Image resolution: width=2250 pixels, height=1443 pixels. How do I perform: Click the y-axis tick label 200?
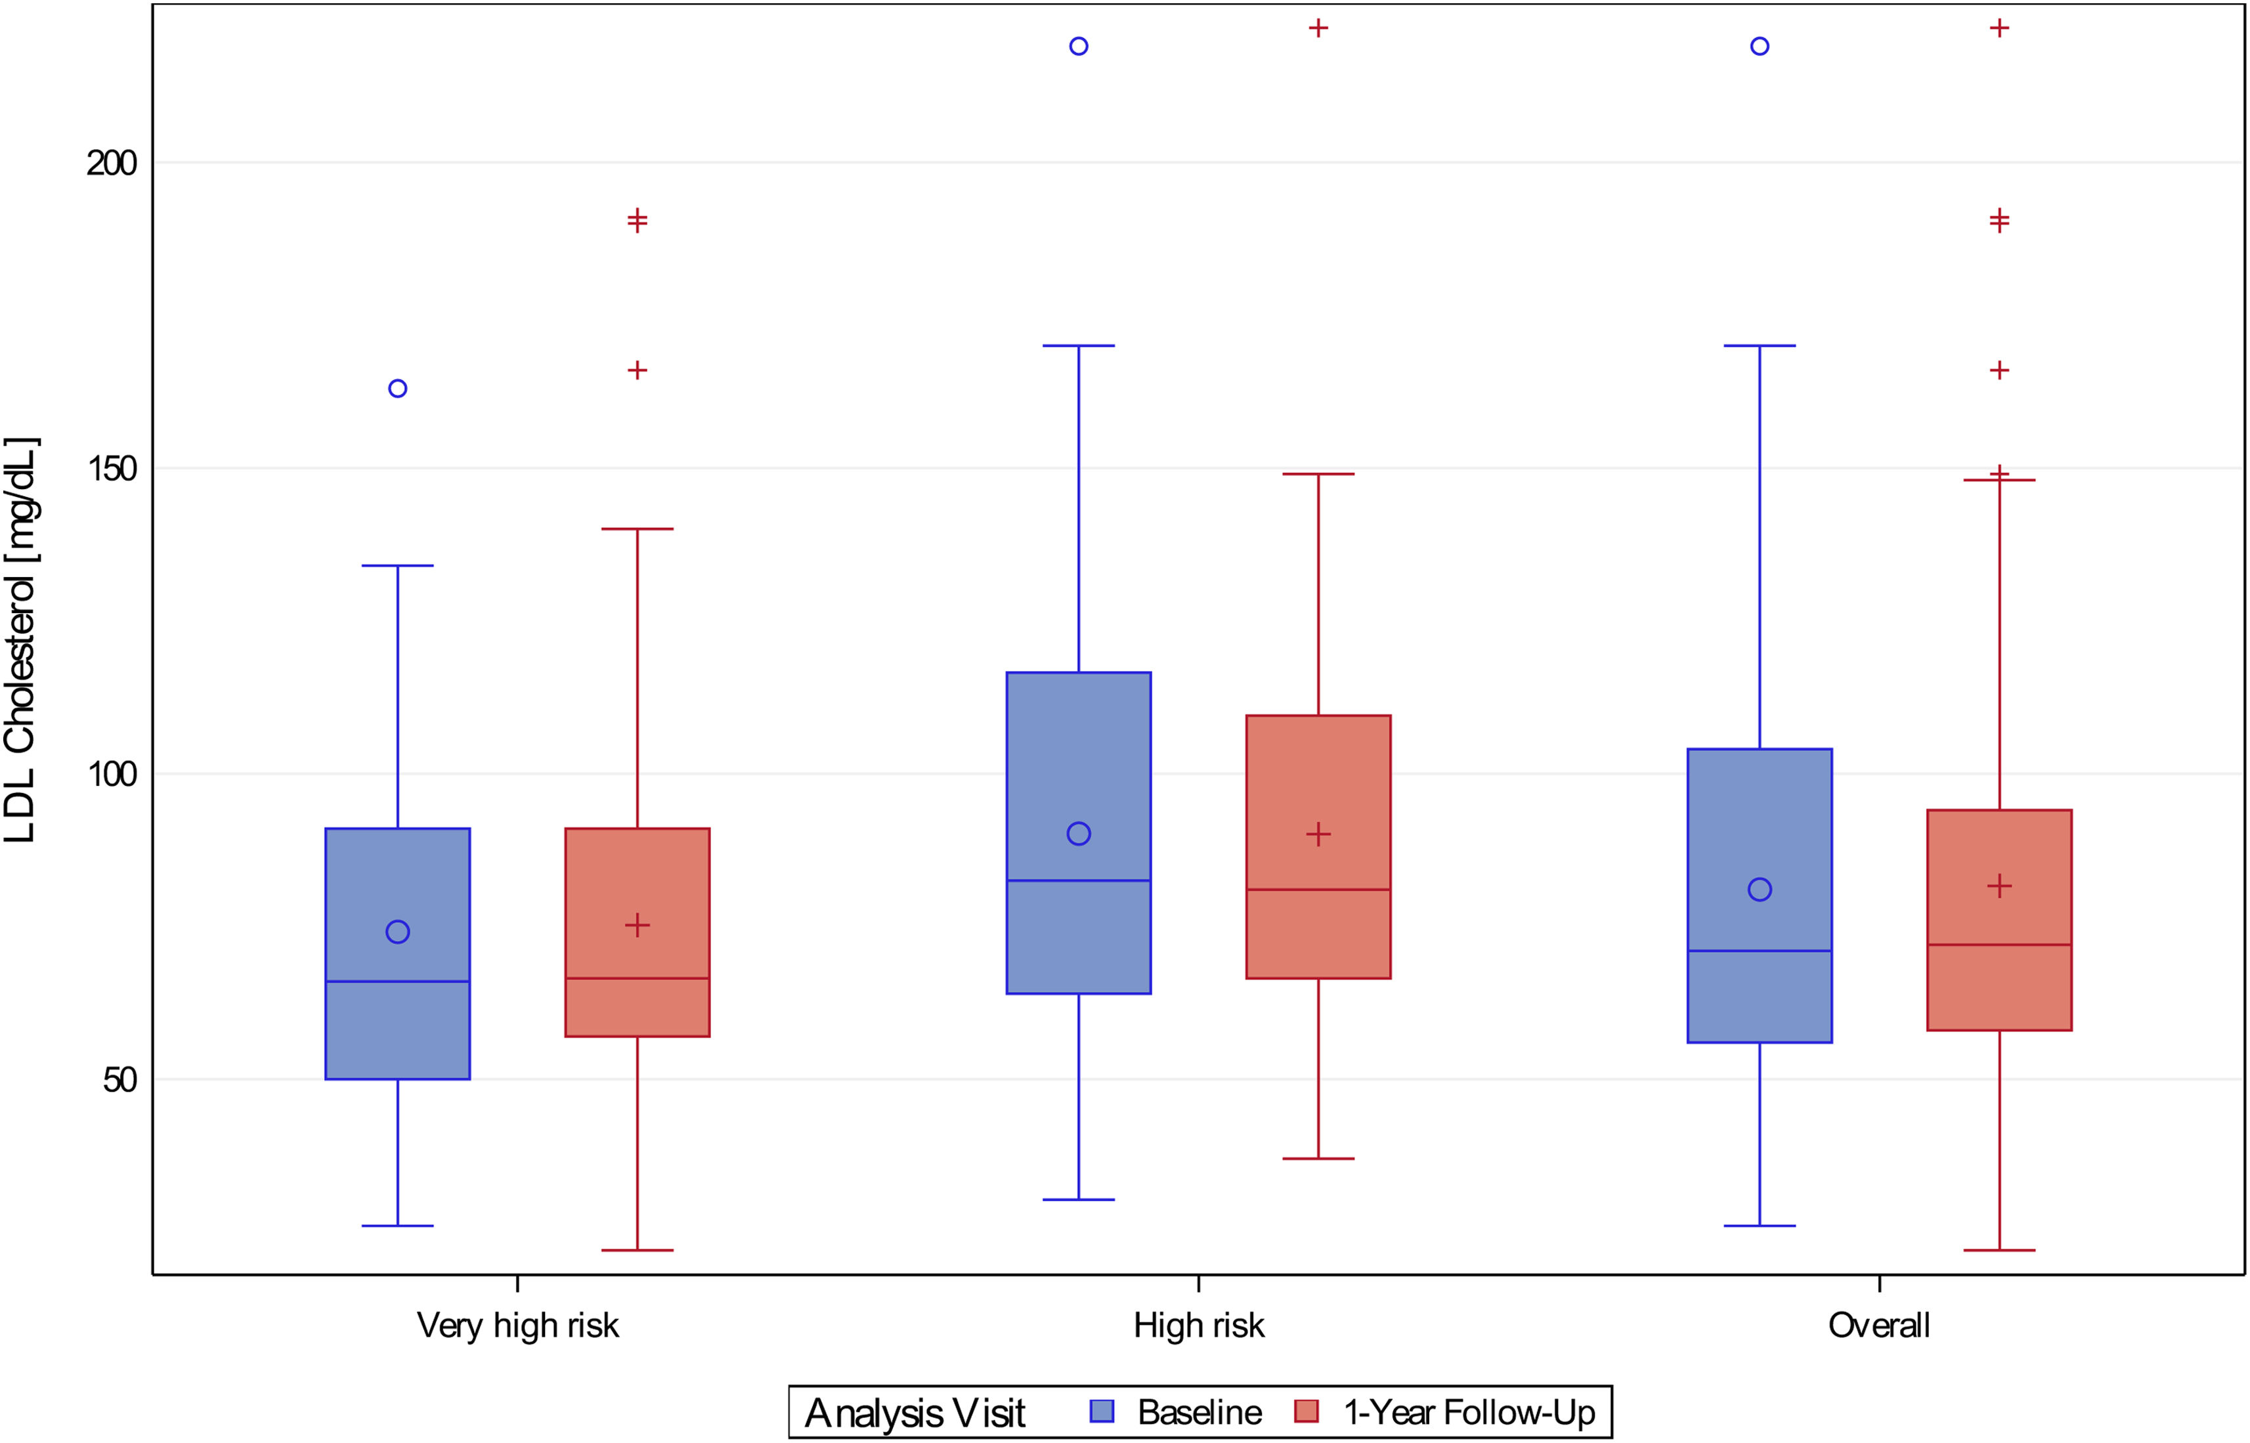coord(112,163)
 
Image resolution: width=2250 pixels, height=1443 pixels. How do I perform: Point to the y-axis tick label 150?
coord(112,469)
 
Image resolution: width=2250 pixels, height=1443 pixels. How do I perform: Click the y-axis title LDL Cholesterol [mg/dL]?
coord(20,640)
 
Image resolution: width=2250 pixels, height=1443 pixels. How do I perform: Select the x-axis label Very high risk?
coord(517,1326)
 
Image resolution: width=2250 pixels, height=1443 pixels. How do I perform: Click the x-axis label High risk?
coord(1199,1326)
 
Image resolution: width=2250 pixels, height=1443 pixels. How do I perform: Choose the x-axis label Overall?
coord(1879,1326)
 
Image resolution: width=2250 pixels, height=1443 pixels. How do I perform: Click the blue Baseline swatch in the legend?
coord(1102,1411)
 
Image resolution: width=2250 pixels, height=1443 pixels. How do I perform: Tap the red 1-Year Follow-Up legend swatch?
coord(1307,1411)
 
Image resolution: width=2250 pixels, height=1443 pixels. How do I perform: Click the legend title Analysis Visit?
coord(915,1412)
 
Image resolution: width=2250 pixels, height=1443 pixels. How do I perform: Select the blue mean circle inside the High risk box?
coord(1079,833)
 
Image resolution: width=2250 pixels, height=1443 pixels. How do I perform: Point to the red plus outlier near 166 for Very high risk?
coord(638,370)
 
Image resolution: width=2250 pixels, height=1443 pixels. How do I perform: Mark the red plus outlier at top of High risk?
coord(1318,28)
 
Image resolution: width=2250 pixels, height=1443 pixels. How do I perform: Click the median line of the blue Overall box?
coord(1760,950)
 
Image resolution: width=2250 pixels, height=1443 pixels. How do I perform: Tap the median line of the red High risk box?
coord(1318,889)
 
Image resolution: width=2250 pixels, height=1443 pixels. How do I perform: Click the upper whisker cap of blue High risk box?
coord(1079,346)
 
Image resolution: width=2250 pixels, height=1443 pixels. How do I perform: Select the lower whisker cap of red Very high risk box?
coord(638,1250)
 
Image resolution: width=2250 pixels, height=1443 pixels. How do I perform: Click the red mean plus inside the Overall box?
coord(2000,886)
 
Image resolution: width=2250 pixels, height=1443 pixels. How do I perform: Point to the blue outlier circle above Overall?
coord(1760,46)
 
